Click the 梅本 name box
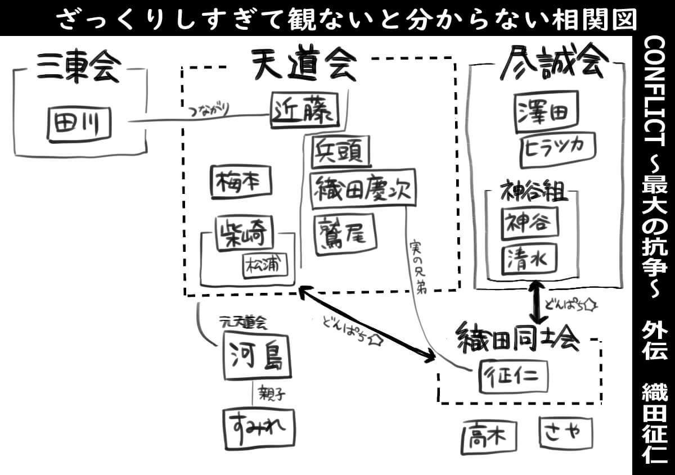[241, 183]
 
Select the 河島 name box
[257, 355]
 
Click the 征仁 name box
[512, 376]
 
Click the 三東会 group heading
[79, 68]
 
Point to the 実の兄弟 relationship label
[418, 266]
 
